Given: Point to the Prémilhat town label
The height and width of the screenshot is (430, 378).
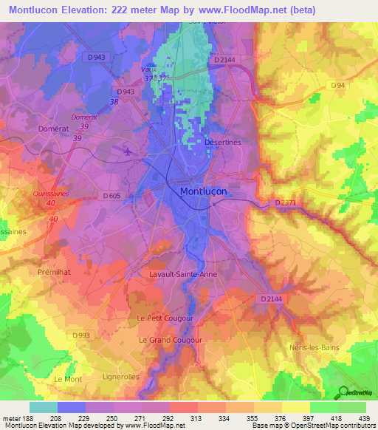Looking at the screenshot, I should pos(53,272).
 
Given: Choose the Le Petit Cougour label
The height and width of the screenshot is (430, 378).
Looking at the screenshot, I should pos(165,318).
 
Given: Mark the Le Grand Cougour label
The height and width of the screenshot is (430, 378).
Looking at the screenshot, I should pos(171,340).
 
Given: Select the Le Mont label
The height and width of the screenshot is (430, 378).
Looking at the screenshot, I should pos(68,378).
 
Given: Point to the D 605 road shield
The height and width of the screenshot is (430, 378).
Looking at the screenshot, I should pos(111,196).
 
